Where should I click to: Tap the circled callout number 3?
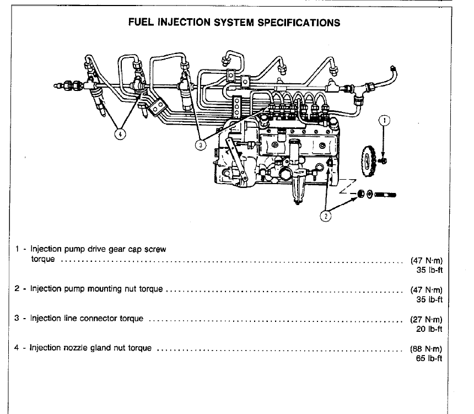pyautogui.click(x=202, y=144)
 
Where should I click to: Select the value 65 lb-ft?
pyautogui.click(x=430, y=359)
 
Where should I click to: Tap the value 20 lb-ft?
pyautogui.click(x=430, y=329)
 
